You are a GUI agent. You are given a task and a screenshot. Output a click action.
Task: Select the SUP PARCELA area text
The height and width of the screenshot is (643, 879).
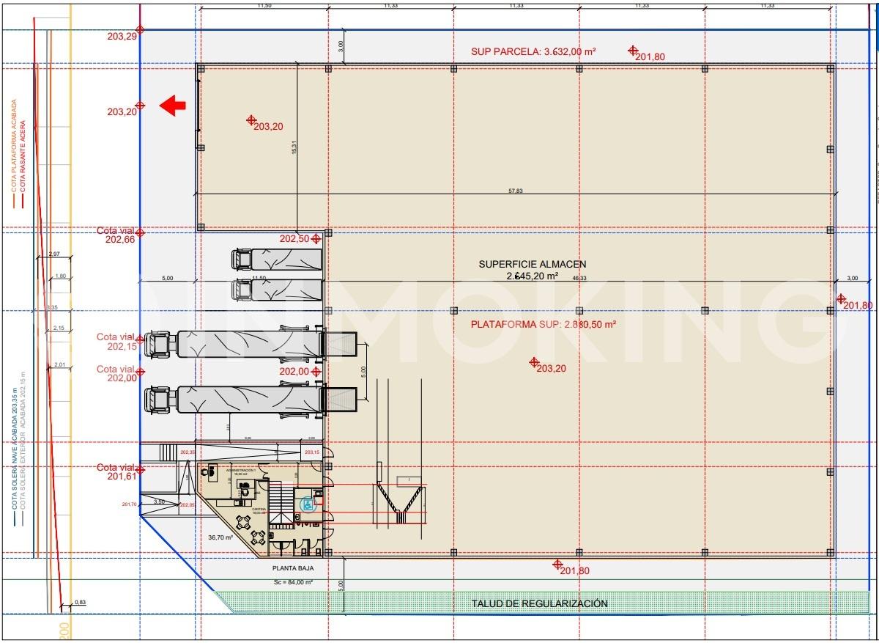click(x=533, y=51)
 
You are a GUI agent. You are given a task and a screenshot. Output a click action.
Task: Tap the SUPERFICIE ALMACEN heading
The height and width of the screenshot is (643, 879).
click(x=532, y=264)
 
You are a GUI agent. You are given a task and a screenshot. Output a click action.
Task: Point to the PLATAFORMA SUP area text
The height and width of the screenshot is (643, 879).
click(x=542, y=323)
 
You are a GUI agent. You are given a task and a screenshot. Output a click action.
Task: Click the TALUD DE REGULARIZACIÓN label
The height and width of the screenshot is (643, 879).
click(x=539, y=603)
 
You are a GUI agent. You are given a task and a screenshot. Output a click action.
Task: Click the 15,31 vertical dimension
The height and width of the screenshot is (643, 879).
click(x=294, y=147)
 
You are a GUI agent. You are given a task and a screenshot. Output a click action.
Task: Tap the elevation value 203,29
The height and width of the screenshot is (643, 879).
click(x=121, y=36)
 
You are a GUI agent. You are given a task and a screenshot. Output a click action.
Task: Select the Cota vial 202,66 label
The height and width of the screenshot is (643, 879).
click(x=116, y=235)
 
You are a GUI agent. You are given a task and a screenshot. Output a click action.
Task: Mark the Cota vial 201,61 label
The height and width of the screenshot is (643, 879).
click(x=116, y=472)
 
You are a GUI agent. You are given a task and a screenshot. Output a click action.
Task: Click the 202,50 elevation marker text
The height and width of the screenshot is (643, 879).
click(x=294, y=239)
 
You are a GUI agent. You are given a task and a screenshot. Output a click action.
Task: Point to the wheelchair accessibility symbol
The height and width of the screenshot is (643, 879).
click(x=308, y=504)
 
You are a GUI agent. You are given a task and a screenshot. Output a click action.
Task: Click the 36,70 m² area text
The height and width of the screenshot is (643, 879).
click(x=220, y=537)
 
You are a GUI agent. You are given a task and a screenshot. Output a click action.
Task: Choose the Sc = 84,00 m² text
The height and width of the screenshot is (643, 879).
click(x=292, y=582)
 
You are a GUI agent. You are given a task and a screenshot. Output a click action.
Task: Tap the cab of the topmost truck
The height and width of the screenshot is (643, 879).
click(x=242, y=260)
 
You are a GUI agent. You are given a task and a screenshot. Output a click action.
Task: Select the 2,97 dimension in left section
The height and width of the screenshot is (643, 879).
click(x=53, y=254)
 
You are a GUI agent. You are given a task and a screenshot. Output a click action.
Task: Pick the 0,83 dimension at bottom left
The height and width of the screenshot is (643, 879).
click(x=80, y=603)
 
